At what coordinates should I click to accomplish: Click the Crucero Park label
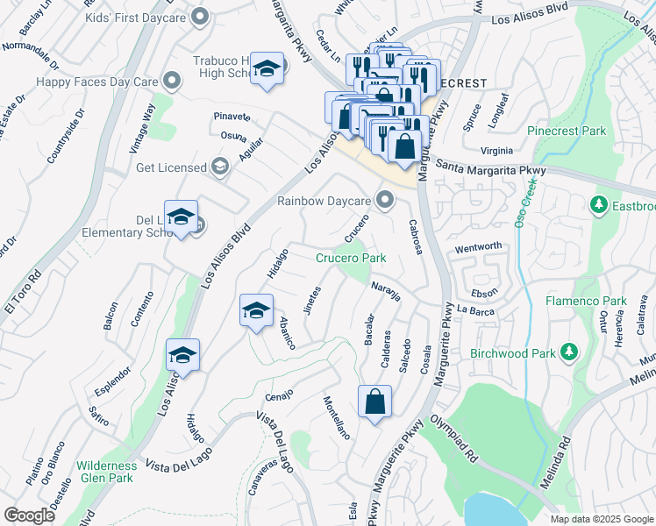351,259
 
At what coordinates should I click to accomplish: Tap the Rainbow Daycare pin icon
384,201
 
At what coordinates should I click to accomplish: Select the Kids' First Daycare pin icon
201,15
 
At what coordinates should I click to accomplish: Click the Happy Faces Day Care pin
171,82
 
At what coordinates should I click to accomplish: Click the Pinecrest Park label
567,131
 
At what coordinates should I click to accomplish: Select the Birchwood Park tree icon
569,352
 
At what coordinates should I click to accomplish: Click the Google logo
29,515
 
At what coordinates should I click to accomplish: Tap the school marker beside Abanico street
256,311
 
